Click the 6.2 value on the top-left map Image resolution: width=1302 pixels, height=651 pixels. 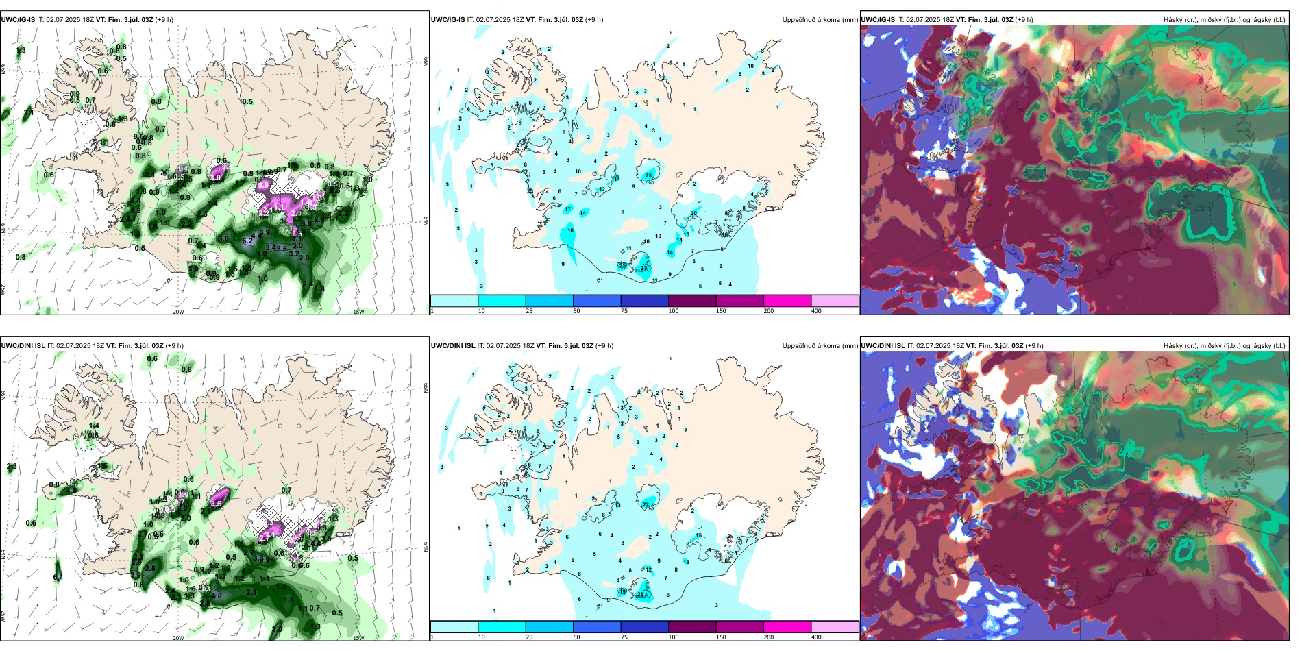coord(248,241)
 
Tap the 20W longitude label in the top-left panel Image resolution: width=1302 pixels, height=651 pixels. coord(178,312)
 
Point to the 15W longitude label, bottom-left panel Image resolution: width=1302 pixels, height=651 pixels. coord(358,638)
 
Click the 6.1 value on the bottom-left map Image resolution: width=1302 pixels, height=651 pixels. coord(58,577)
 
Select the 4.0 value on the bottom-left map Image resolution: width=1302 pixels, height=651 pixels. coord(217,595)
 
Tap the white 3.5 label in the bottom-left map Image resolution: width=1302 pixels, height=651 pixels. coord(216,503)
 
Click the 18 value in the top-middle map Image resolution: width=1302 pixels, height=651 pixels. coord(571,231)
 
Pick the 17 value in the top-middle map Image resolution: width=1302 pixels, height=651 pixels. coord(567,209)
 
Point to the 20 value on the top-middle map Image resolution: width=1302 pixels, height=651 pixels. coord(693,213)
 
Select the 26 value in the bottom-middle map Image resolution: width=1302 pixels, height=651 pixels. coord(641,594)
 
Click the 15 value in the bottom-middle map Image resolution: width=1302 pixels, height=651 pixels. coord(699,536)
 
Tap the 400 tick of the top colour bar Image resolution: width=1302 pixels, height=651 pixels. coord(816,311)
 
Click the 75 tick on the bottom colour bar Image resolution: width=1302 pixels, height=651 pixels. coord(624,637)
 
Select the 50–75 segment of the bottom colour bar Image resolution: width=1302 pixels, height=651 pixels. coord(597,627)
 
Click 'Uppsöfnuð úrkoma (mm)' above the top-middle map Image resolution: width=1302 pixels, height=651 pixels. coord(820,20)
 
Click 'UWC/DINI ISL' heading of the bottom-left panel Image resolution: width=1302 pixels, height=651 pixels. coord(23,346)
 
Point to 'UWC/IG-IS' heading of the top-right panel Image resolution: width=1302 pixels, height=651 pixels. coord(878,20)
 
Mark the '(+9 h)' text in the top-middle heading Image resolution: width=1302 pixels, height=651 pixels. coord(594,20)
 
